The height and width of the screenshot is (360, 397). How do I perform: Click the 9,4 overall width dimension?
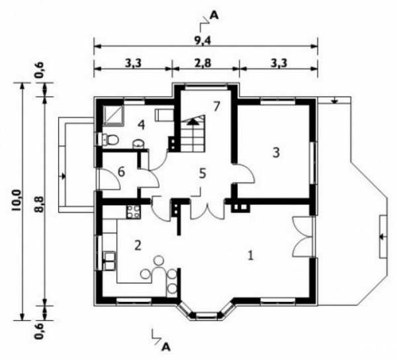coord(202,40)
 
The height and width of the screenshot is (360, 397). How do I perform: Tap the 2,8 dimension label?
coord(203,63)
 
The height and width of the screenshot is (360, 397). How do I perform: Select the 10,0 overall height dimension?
coord(16,201)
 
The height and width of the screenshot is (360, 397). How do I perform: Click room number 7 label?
coord(216,107)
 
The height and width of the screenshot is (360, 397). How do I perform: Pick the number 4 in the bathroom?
coord(142,125)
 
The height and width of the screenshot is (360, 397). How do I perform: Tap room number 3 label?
coord(276,152)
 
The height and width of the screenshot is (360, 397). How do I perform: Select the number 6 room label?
coord(122,172)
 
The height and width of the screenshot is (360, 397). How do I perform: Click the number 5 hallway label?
coord(202,173)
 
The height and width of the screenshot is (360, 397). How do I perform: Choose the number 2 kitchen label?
coord(138,246)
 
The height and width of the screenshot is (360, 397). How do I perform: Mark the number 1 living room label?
coord(250,255)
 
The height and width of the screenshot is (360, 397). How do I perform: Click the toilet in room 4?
coord(109,140)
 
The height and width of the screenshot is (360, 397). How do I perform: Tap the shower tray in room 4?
coord(113,115)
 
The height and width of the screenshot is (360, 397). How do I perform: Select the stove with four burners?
coord(133,212)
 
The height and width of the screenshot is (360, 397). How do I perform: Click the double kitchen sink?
coord(110,261)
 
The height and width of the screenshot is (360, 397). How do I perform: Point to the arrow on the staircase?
coord(193,122)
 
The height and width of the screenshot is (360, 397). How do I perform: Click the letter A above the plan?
coord(214,16)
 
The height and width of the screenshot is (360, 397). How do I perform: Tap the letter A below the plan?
coord(166,347)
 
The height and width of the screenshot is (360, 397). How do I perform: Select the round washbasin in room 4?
coord(138,144)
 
